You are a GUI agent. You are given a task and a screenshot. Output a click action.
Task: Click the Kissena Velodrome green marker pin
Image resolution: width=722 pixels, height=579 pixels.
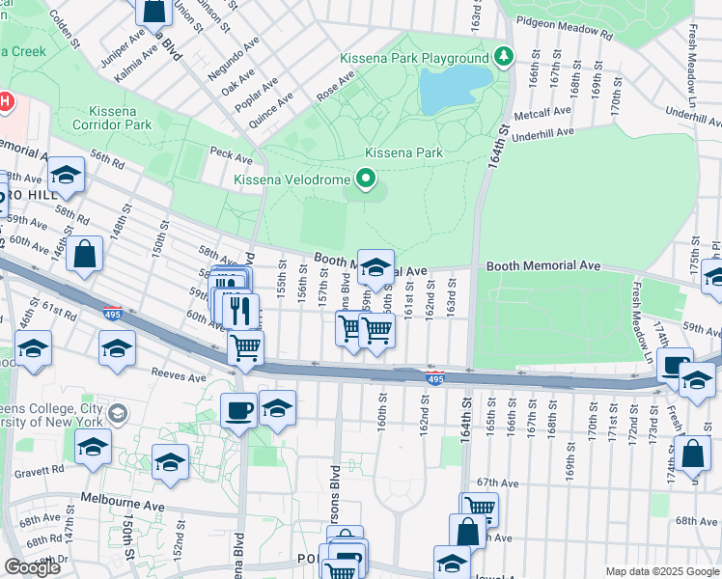[366, 179]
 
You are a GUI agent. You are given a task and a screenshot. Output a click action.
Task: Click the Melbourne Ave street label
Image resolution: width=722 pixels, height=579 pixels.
[117, 500]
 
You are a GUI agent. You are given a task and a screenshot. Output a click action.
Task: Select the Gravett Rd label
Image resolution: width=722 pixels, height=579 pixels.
[45, 469]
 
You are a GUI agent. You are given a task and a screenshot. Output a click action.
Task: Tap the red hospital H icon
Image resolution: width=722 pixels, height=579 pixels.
[4, 101]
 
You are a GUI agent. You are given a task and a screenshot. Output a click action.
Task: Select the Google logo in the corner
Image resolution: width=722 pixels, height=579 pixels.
[32, 568]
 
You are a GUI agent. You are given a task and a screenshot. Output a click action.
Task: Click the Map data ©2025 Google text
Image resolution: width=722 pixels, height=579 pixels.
[661, 571]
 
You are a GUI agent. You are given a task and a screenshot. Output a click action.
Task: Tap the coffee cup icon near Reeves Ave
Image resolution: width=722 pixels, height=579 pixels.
[238, 409]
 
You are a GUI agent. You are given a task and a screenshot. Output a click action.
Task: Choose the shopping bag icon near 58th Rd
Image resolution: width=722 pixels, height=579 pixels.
[85, 255]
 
